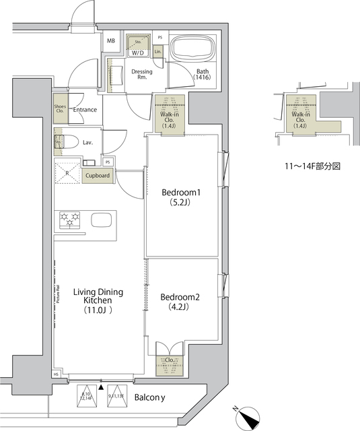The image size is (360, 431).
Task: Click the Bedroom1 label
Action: [x=181, y=198]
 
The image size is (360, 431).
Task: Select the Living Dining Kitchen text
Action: [x=98, y=301]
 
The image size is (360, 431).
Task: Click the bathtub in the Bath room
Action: [x=194, y=51]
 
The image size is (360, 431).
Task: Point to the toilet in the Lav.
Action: [x=61, y=143]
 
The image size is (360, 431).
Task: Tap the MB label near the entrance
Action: [x=110, y=40]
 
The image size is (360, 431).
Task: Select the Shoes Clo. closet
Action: [x=60, y=109]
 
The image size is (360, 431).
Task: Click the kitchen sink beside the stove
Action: [x=102, y=220]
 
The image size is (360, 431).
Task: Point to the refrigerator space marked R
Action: [x=68, y=172]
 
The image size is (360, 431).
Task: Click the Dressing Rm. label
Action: [x=141, y=75]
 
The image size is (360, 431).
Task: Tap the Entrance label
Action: [x=85, y=110]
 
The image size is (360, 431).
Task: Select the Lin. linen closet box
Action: [x=158, y=51]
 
